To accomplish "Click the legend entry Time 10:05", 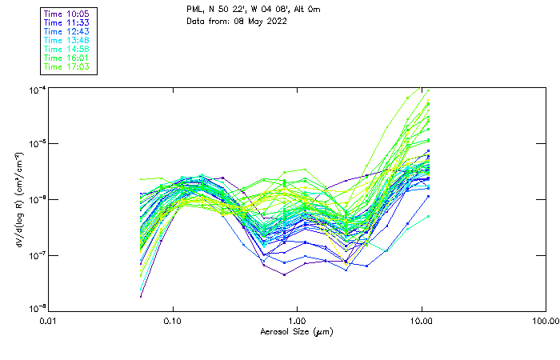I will [x=67, y=14].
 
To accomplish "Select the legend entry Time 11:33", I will [x=67, y=23].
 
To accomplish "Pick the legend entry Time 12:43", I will [x=67, y=32].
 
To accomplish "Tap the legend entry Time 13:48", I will [x=67, y=41].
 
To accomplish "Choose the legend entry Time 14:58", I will [x=67, y=50].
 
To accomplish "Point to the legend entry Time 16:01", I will [x=67, y=58].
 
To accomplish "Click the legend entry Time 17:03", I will [x=67, y=67].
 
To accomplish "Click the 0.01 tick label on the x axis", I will [x=49, y=321].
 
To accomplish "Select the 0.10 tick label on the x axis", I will [x=173, y=321].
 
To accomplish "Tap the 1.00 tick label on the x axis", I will [x=297, y=321].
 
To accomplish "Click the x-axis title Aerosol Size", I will [x=297, y=331].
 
